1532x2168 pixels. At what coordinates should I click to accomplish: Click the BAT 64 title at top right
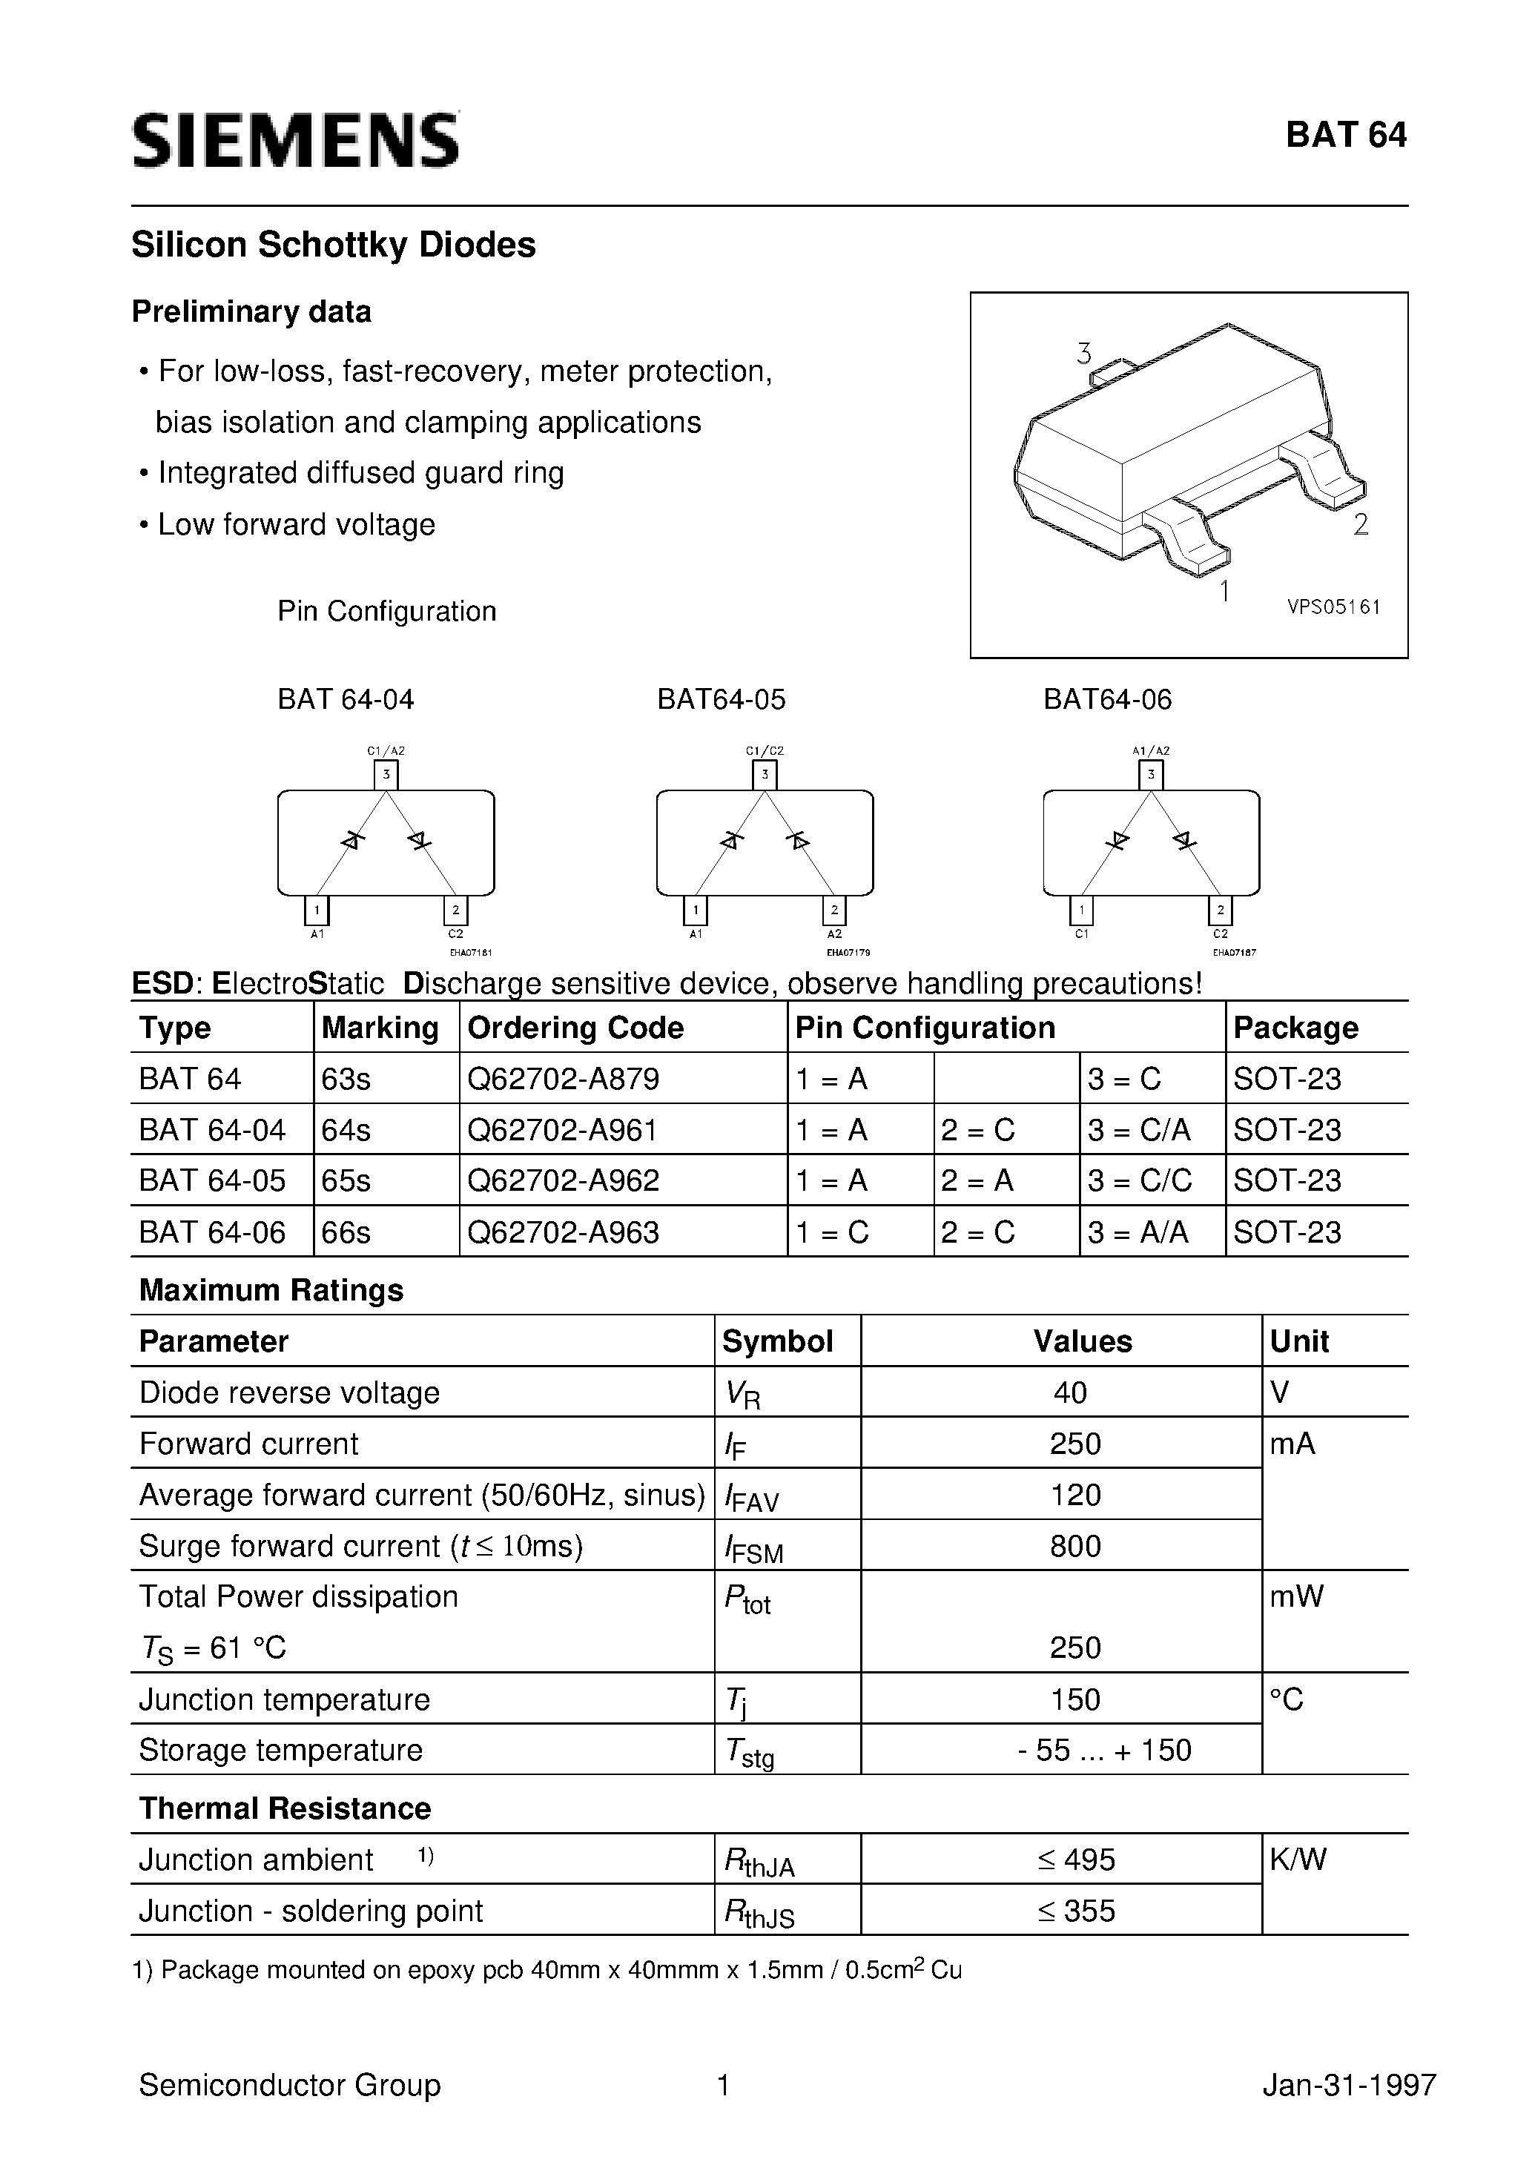click(1345, 136)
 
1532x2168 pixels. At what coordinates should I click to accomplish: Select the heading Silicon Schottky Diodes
click(334, 245)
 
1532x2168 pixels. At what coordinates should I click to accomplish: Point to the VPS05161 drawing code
click(1333, 607)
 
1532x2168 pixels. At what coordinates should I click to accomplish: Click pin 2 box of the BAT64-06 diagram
click(1221, 911)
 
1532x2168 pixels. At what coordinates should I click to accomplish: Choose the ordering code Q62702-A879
click(563, 1078)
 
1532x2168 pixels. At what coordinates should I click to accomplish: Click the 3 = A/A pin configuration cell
click(1138, 1232)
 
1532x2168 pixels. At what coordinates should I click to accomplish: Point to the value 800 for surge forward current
click(1075, 1546)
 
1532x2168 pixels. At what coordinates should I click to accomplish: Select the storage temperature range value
click(1104, 1750)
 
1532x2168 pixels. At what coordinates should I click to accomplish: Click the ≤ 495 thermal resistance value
click(1075, 1860)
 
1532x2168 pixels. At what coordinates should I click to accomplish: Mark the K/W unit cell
click(1298, 1860)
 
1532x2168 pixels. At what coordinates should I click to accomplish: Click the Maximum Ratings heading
click(271, 1290)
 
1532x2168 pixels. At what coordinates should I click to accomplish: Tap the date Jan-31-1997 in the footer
click(1349, 2085)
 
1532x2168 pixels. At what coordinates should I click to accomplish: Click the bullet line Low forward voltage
click(296, 525)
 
